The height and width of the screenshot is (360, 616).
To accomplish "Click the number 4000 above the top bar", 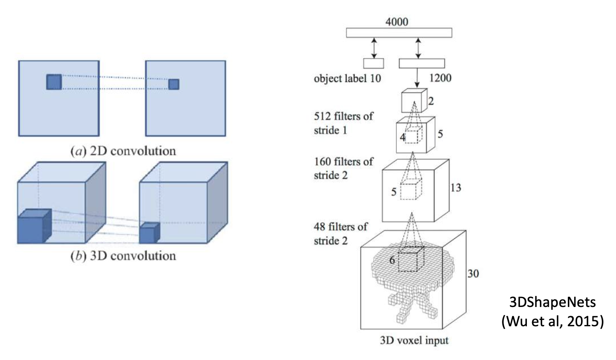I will (397, 21).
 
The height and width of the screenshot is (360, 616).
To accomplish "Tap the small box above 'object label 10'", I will (373, 63).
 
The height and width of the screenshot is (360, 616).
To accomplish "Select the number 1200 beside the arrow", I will (440, 78).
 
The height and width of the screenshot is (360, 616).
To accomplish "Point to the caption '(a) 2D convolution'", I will (123, 151).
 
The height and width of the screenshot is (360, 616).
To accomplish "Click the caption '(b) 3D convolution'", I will (123, 256).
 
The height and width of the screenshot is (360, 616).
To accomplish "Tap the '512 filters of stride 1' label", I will (343, 123).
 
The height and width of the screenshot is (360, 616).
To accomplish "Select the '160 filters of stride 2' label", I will (343, 168).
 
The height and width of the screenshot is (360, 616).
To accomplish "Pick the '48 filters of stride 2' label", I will (341, 233).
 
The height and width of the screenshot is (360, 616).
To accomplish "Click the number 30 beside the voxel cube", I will (473, 274).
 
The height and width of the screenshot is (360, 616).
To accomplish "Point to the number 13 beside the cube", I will (455, 188).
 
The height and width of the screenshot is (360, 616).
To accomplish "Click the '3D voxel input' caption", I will (414, 340).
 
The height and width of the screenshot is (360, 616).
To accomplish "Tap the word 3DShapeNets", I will (552, 302).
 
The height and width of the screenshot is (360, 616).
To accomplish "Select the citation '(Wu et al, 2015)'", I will (552, 321).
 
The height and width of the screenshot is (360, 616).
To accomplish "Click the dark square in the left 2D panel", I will (54, 82).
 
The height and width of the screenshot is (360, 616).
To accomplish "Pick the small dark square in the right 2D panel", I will (173, 84).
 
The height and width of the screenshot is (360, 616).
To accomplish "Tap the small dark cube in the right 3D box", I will (149, 233).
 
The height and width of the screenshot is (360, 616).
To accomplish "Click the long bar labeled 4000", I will (399, 33).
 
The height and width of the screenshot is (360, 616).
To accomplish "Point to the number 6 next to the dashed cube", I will (392, 260).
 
